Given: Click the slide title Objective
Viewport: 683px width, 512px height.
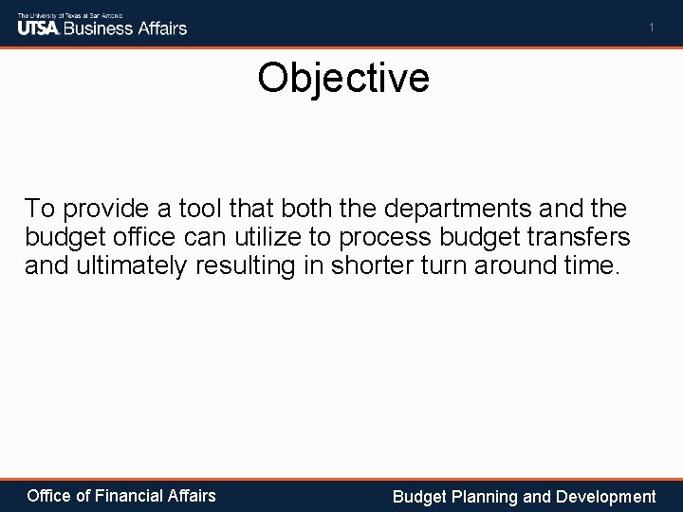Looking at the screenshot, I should [342, 79].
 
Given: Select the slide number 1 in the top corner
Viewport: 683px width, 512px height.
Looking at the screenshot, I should [652, 28].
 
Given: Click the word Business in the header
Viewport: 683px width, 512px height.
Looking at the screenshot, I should [102, 27].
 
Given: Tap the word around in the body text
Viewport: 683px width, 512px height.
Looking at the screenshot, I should [517, 265].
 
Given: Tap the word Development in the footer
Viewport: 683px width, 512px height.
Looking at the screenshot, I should [606, 496].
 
